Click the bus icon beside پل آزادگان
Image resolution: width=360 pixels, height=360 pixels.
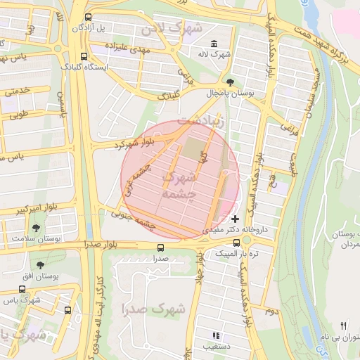tap(87, 17)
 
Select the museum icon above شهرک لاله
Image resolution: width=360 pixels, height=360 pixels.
tap(213, 44)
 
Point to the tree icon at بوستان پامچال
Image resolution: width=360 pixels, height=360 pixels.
tap(230, 83)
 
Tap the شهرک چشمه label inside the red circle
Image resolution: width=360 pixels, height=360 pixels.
tap(179, 185)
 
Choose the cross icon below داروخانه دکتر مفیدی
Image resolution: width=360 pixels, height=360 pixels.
tap(235, 219)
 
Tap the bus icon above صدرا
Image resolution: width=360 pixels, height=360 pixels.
tap(161, 247)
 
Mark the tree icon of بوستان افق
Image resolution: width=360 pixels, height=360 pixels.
tap(40, 264)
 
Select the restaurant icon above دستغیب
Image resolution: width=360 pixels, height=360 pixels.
tap(215, 336)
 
